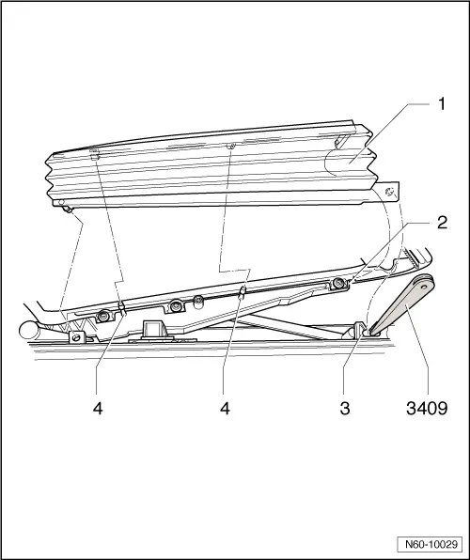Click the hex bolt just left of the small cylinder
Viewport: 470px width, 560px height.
(x=177, y=305)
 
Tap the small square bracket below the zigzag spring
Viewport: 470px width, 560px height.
(x=74, y=336)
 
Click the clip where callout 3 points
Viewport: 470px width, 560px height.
(x=364, y=328)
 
